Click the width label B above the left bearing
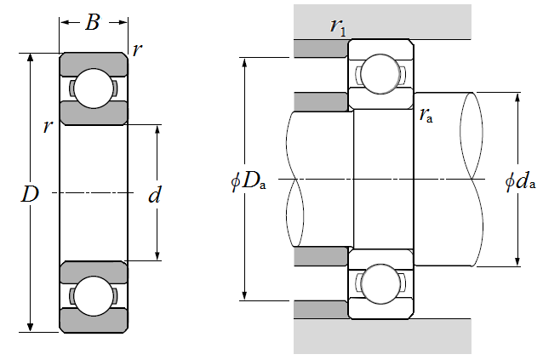click(x=93, y=23)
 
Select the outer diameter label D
click(x=30, y=194)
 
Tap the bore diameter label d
click(x=155, y=196)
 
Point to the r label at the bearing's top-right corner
click(x=138, y=50)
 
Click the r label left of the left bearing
click(x=49, y=127)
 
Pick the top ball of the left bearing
click(x=93, y=89)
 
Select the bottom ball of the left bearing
click(x=93, y=295)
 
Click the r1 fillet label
click(x=338, y=26)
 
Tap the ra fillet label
click(x=426, y=116)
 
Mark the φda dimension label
click(x=520, y=181)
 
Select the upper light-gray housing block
click(x=382, y=20)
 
